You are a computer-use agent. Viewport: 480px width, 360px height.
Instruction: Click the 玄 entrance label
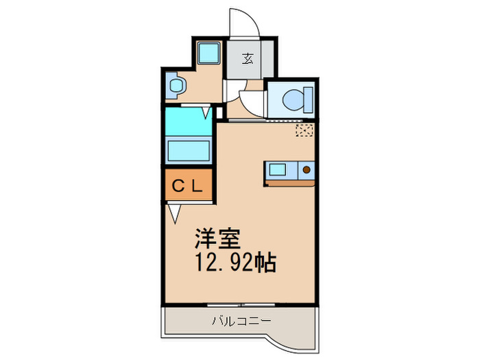(x=248, y=58)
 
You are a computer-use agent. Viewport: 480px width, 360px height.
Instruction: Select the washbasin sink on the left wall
(x=176, y=86)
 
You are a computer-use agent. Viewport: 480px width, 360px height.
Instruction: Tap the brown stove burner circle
(x=307, y=168)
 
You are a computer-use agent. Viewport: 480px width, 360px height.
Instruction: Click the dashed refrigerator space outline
(x=304, y=130)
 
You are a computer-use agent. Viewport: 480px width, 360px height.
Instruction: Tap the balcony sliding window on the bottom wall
(x=240, y=302)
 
